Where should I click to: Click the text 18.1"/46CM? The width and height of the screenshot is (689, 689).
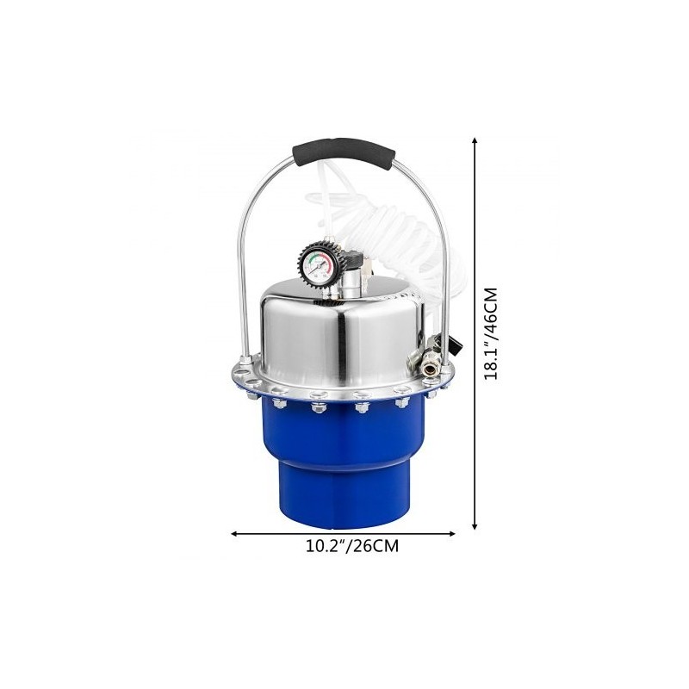[490, 333]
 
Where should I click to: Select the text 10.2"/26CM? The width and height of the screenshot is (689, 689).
[352, 546]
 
